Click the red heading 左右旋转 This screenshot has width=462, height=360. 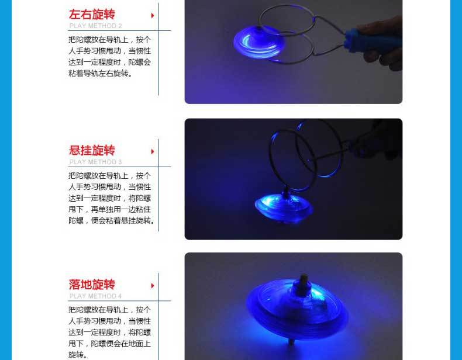pyautogui.click(x=92, y=15)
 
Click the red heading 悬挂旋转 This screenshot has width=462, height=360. pyautogui.click(x=92, y=151)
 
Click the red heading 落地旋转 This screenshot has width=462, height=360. pyautogui.click(x=92, y=285)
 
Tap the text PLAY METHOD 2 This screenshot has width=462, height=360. pyautogui.click(x=96, y=26)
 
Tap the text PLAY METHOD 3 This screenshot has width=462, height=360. pyautogui.click(x=96, y=162)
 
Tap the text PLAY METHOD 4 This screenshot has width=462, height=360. pyautogui.click(x=96, y=296)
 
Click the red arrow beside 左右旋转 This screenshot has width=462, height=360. pyautogui.click(x=153, y=15)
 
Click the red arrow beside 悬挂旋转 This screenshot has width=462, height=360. pyautogui.click(x=153, y=151)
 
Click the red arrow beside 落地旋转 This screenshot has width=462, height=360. pyautogui.click(x=153, y=286)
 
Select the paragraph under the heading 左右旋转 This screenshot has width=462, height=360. pyautogui.click(x=109, y=57)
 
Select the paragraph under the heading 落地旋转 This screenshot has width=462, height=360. pyautogui.click(x=109, y=332)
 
